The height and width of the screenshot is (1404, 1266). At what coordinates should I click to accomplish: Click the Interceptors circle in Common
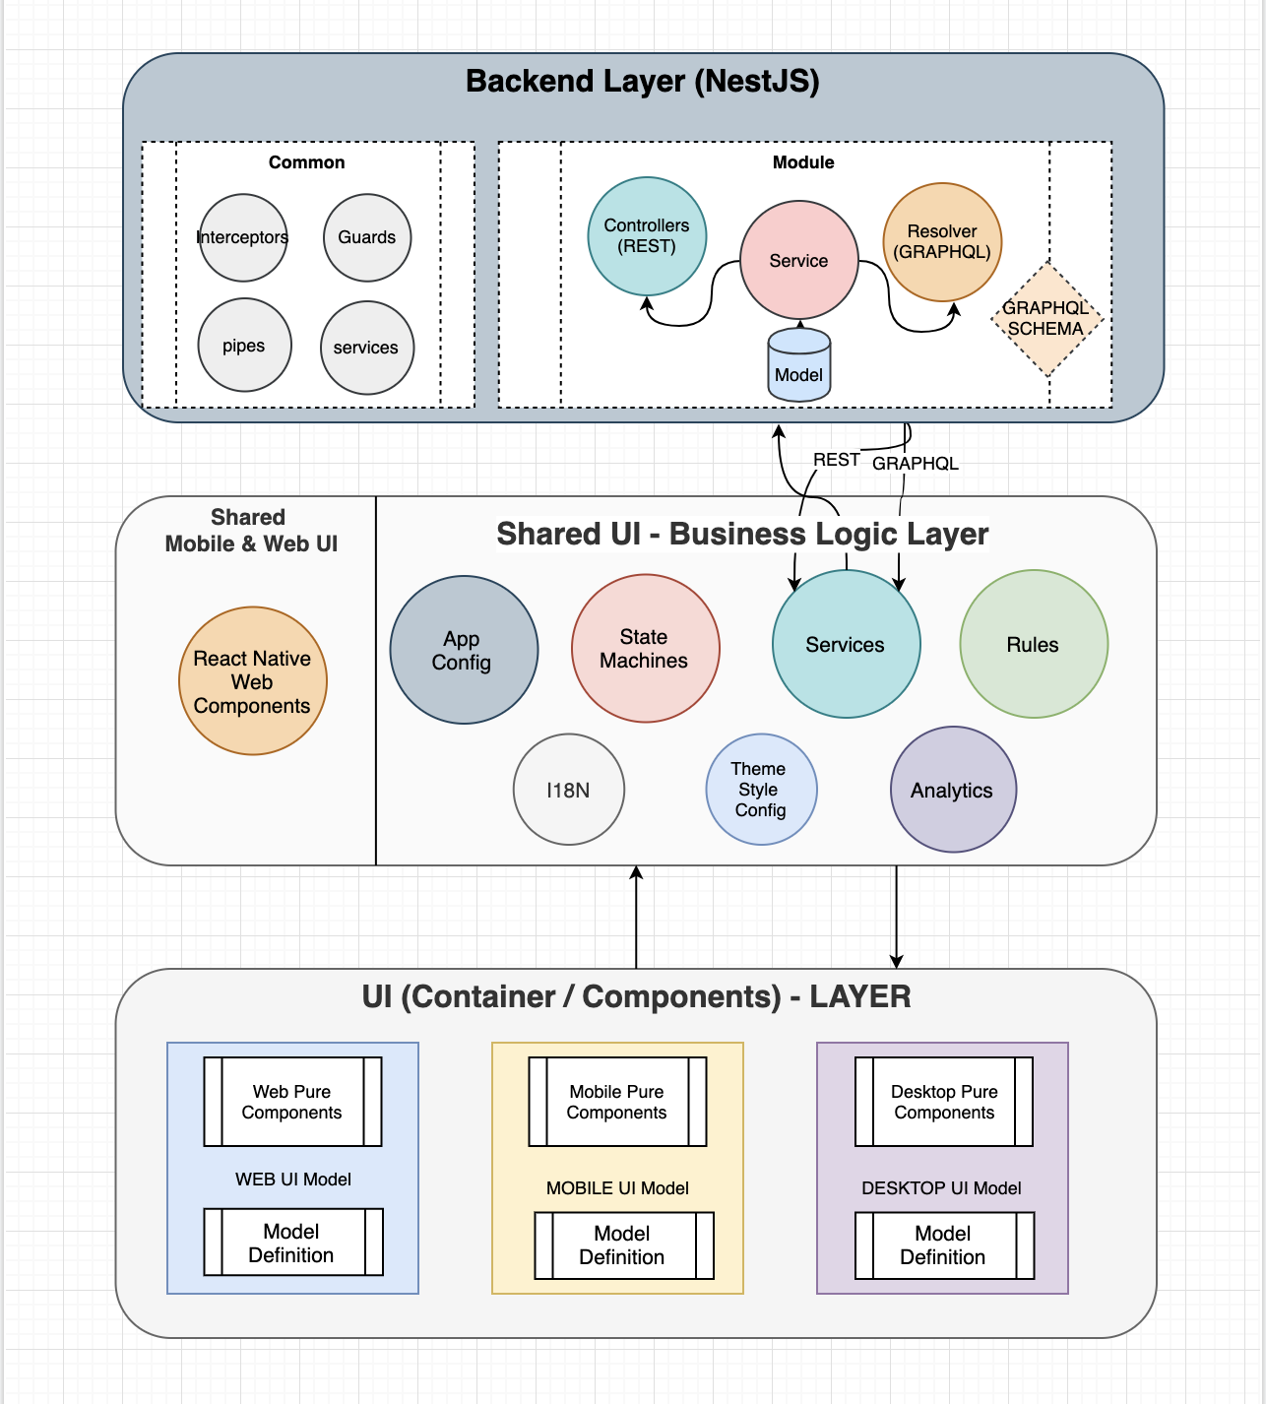click(243, 238)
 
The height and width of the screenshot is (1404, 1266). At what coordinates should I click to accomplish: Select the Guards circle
click(367, 238)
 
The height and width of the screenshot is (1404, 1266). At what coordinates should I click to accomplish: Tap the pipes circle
click(244, 346)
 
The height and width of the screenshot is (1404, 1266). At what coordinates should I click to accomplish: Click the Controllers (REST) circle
click(647, 236)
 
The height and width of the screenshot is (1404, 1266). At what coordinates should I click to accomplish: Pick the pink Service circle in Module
click(798, 261)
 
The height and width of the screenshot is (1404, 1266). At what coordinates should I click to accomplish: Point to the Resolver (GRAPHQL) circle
click(942, 241)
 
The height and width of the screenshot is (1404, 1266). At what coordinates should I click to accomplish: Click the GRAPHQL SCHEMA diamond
click(1045, 319)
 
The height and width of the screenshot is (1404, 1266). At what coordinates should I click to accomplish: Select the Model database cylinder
click(798, 366)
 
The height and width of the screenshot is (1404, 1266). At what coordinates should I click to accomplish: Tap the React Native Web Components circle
click(252, 681)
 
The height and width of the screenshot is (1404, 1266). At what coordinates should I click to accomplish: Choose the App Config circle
click(464, 650)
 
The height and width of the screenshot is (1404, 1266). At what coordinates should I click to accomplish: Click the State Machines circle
click(645, 649)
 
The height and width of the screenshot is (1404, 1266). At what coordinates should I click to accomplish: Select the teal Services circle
click(846, 645)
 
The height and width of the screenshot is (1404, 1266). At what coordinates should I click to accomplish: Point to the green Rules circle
click(1033, 645)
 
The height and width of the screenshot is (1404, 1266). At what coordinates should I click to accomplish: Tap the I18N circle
click(568, 790)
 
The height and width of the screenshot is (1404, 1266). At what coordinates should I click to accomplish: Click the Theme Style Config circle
click(760, 790)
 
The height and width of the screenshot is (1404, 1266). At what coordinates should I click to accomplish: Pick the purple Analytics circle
click(952, 790)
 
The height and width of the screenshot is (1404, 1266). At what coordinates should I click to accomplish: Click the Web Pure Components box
click(292, 1102)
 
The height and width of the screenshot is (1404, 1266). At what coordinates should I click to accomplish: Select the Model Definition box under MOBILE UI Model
click(623, 1245)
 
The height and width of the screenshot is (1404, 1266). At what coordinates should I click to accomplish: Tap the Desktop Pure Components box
click(944, 1102)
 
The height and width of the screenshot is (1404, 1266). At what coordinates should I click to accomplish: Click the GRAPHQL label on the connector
click(916, 464)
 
